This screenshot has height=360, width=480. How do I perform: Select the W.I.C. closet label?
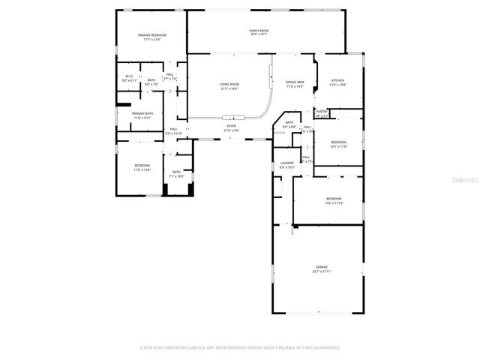click(x=129, y=77)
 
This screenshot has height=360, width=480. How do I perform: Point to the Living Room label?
click(x=229, y=85)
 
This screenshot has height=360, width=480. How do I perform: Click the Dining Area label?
click(x=295, y=83)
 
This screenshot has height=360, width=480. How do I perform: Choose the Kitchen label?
click(x=337, y=82)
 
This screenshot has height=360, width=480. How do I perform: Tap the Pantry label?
click(x=322, y=113)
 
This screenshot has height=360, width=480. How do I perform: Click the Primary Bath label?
click(x=142, y=115)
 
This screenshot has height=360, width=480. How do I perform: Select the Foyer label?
click(x=231, y=128)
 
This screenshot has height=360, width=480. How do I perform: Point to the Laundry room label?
click(x=286, y=164)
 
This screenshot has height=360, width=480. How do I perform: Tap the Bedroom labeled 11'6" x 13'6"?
click(x=142, y=167)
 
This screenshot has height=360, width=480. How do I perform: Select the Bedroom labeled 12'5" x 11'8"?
click(x=339, y=144)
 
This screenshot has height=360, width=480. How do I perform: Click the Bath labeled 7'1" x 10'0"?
click(x=176, y=173)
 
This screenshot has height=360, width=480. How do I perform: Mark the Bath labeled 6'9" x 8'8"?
click(x=289, y=125)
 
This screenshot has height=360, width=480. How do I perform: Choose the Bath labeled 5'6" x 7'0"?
click(x=151, y=82)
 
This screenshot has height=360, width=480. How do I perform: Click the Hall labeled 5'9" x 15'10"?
click(x=173, y=130)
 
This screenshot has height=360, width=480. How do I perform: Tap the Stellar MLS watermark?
click(x=457, y=180)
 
